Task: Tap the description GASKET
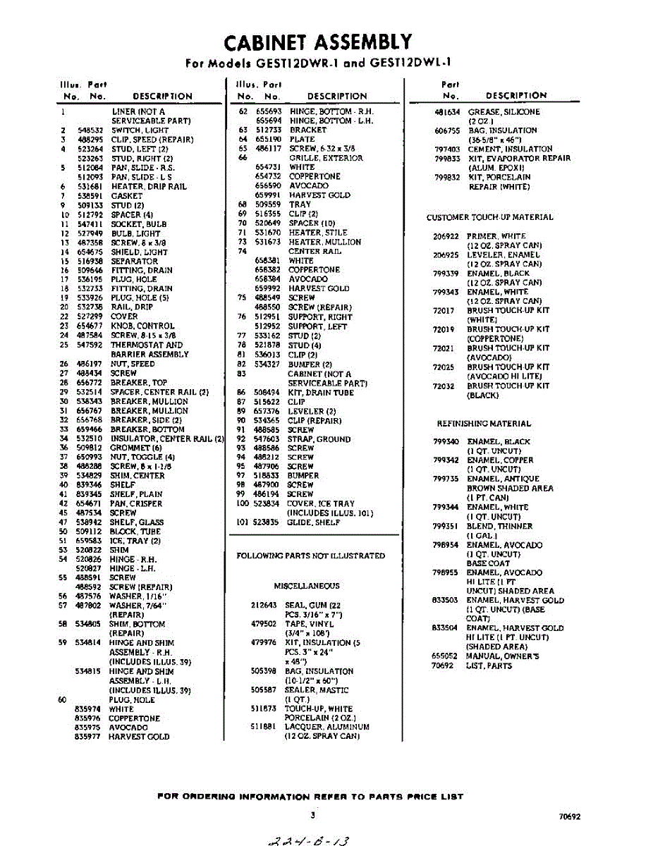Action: (x=127, y=196)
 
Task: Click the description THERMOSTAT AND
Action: (x=147, y=345)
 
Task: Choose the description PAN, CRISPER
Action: (x=137, y=504)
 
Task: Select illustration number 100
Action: (x=243, y=504)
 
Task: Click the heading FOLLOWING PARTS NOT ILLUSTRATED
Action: (x=310, y=556)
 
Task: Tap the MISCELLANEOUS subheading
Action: (x=307, y=586)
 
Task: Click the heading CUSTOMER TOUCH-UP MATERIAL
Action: (x=490, y=217)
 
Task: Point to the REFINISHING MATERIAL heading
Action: (x=484, y=424)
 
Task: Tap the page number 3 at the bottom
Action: (x=312, y=814)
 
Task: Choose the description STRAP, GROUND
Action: (x=319, y=439)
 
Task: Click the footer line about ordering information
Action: (x=310, y=797)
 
